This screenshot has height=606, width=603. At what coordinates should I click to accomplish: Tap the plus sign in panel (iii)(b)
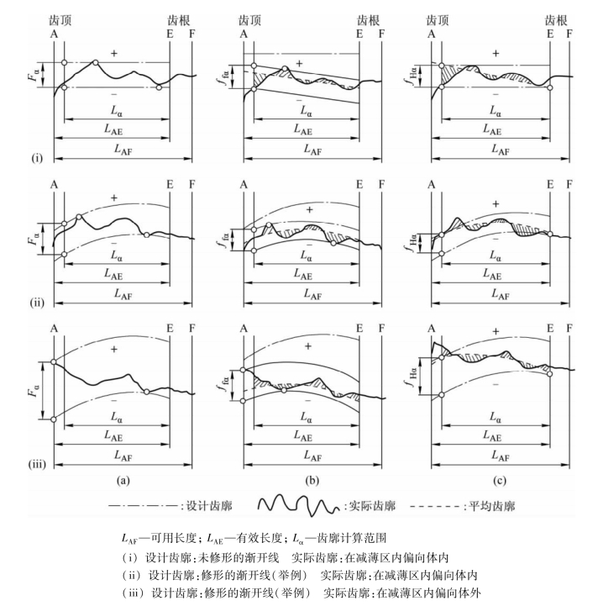coord(307,346)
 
